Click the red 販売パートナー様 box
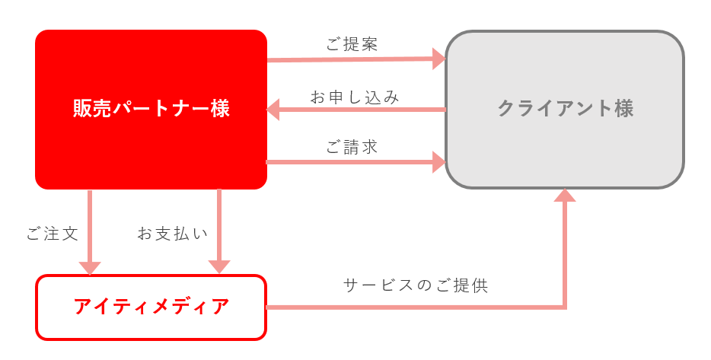pyautogui.click(x=151, y=110)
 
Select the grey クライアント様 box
pyautogui.click(x=565, y=110)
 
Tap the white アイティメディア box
pyautogui.click(x=151, y=307)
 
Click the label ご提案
pyautogui.click(x=352, y=44)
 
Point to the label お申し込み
pyautogui.click(x=355, y=97)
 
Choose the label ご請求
pyautogui.click(x=352, y=147)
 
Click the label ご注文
pyautogui.click(x=53, y=234)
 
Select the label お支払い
pyautogui.click(x=172, y=234)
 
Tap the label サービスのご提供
pyautogui.click(x=416, y=285)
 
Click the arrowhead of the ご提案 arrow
pyautogui.click(x=439, y=59)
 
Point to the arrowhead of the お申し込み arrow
pyautogui.click(x=273, y=110)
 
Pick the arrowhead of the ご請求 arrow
pyautogui.click(x=439, y=162)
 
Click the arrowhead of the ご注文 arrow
pyautogui.click(x=90, y=268)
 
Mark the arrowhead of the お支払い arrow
pyautogui.click(x=219, y=267)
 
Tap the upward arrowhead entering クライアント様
pyautogui.click(x=565, y=196)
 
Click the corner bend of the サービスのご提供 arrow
pyautogui.click(x=565, y=307)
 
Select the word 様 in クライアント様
pyautogui.click(x=624, y=109)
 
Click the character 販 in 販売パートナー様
pyautogui.click(x=82, y=109)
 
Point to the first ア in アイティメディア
pyautogui.click(x=84, y=307)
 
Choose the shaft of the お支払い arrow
pyautogui.click(x=219, y=225)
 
